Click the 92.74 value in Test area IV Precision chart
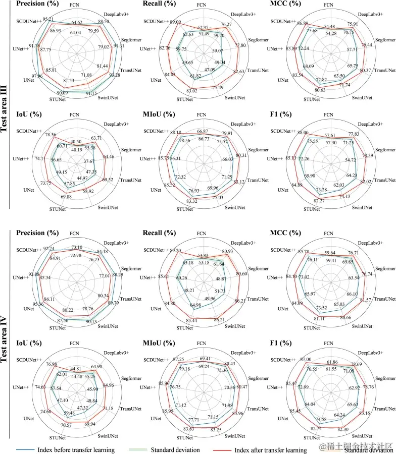[50, 249]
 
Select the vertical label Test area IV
[6, 335]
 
